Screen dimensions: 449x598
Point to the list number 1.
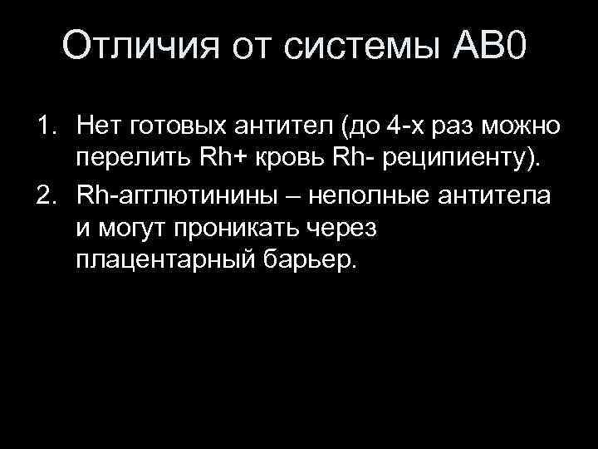tap(43, 127)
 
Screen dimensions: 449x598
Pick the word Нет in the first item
tap(98, 127)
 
